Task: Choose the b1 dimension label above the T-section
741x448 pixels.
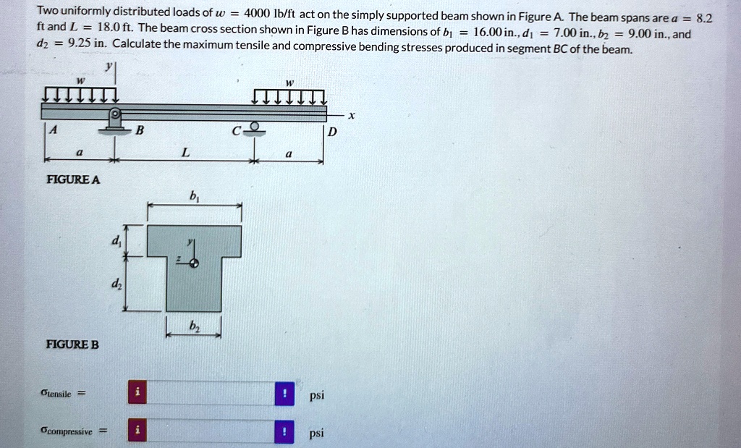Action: [x=193, y=196]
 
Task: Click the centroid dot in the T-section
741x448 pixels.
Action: [x=192, y=263]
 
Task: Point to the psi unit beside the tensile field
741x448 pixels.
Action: [x=316, y=395]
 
